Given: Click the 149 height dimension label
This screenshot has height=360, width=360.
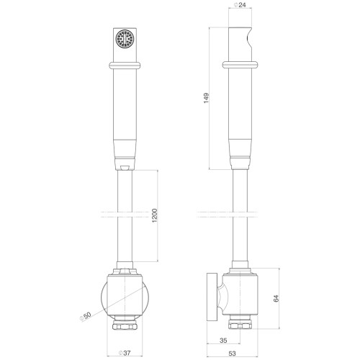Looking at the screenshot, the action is click(x=206, y=98).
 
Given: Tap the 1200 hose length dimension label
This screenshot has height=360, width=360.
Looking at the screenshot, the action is click(x=155, y=215).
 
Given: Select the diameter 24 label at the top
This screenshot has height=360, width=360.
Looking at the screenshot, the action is click(x=240, y=4).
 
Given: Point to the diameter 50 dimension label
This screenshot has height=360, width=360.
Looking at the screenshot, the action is click(x=86, y=315).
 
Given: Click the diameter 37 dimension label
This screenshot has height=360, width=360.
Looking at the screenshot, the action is click(x=125, y=353).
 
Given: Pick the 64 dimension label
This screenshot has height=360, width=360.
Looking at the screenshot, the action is click(x=276, y=298).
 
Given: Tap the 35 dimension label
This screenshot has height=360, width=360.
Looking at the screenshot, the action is click(x=223, y=341).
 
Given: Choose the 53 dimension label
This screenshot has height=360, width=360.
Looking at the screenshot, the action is click(x=232, y=354).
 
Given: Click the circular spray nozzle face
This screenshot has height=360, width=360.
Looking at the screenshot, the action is click(x=125, y=38).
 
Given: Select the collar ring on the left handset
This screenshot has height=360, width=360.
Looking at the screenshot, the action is click(x=125, y=66).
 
